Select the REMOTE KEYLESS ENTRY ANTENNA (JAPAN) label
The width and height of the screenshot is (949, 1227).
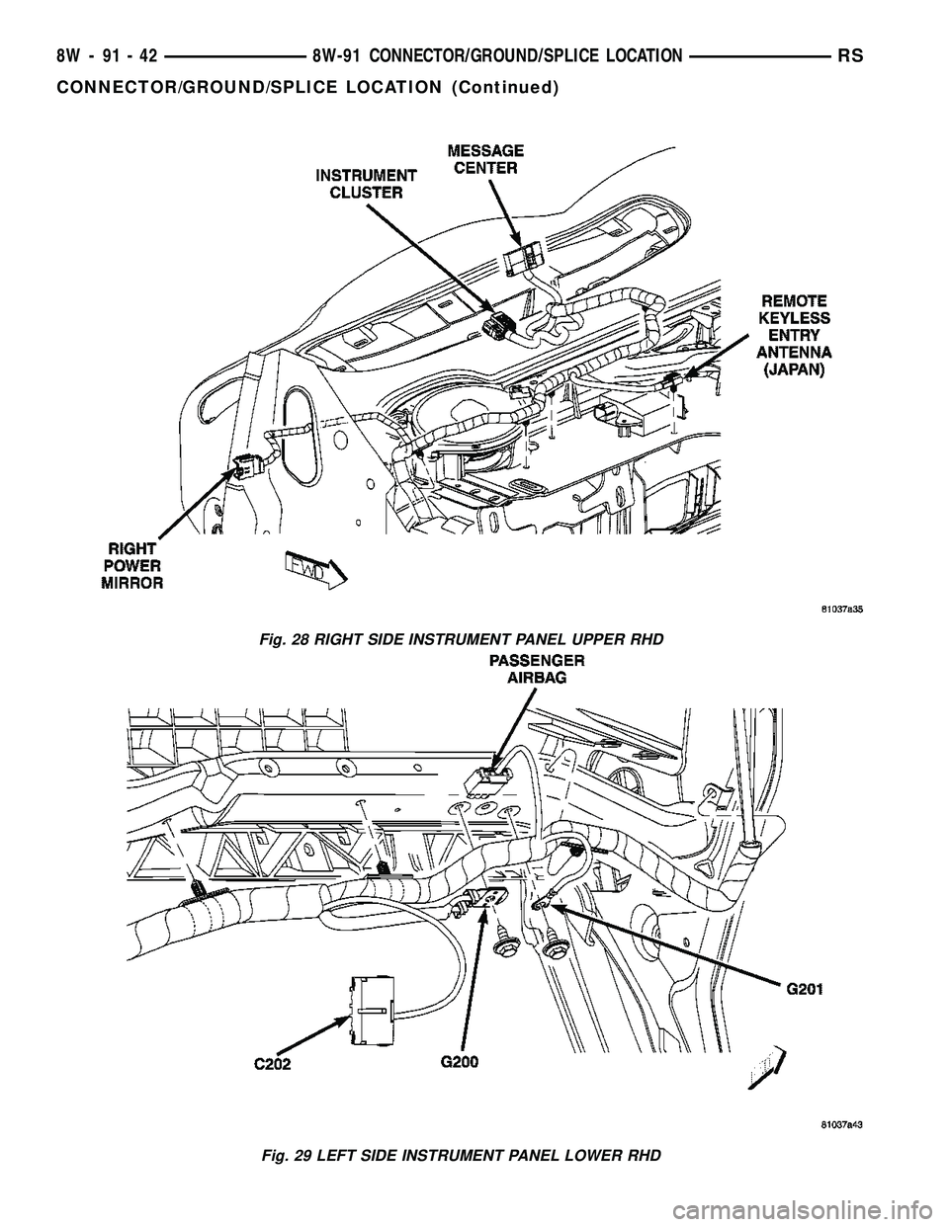pos(794,334)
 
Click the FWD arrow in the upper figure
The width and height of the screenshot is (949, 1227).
pos(311,567)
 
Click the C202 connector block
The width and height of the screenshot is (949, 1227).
pos(369,1010)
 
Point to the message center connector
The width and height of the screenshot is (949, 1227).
pos(520,262)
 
